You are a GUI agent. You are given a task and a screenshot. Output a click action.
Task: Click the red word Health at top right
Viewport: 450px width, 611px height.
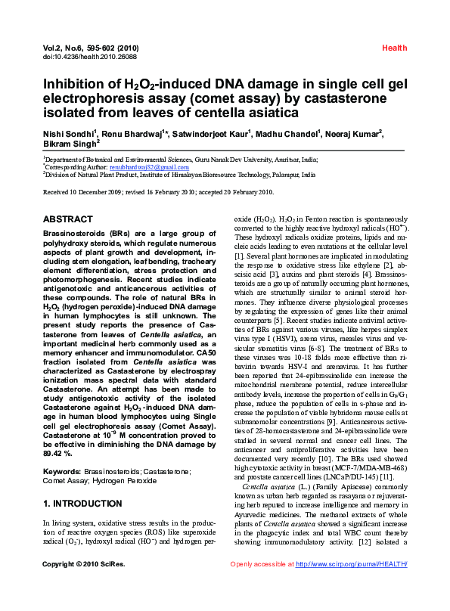394,48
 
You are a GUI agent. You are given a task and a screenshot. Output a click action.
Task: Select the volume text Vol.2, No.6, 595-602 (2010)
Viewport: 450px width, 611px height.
91,48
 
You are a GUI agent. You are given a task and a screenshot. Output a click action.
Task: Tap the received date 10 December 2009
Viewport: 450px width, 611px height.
102,192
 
